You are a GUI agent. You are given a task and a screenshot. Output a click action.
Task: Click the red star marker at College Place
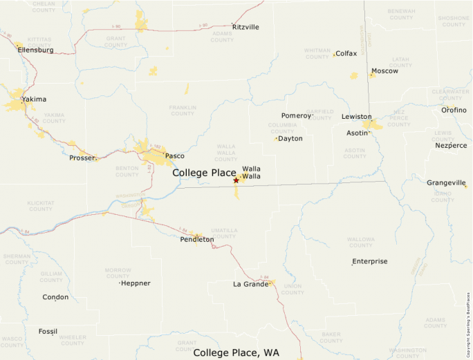pyautogui.click(x=236, y=180)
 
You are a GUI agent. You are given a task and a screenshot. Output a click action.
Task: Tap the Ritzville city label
pyautogui.click(x=246, y=27)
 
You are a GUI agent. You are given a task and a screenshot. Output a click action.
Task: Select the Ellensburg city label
pyautogui.click(x=35, y=50)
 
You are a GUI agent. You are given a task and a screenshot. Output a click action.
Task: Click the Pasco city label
pyautogui.click(x=174, y=155)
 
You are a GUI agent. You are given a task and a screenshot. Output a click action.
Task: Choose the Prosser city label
pyautogui.click(x=82, y=158)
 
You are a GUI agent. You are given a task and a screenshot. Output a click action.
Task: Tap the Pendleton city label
pyautogui.click(x=197, y=239)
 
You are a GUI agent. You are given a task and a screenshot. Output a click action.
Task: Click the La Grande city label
pyautogui.click(x=250, y=284)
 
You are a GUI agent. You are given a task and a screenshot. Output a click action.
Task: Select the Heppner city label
pyautogui.click(x=136, y=283)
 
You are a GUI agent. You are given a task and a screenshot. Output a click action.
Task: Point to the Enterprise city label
pyautogui.click(x=370, y=261)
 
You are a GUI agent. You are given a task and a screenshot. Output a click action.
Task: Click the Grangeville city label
pyautogui.click(x=447, y=182)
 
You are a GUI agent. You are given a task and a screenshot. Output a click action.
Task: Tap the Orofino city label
pyautogui.click(x=454, y=110)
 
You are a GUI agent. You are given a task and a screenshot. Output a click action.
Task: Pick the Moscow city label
pyautogui.click(x=384, y=71)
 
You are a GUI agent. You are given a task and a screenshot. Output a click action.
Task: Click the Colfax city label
pyautogui.click(x=346, y=53)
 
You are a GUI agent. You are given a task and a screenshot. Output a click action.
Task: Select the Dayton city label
pyautogui.click(x=290, y=138)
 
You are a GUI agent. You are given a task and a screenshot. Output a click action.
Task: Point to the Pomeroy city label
pyautogui.click(x=297, y=115)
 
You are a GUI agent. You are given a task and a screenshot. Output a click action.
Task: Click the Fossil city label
pyautogui.click(x=48, y=332)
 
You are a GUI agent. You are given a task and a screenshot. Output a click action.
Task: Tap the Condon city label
pyautogui.click(x=55, y=297)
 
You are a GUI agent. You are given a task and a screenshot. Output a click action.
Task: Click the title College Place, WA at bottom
pyautogui.click(x=236, y=352)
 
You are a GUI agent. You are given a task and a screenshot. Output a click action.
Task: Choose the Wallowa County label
pyautogui.click(x=361, y=242)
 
